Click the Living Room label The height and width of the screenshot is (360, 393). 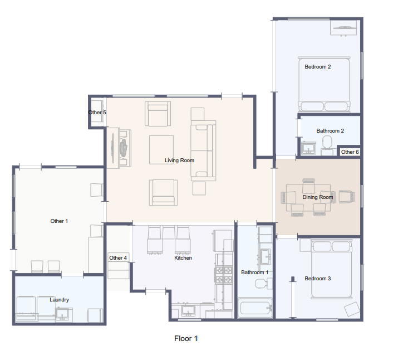coord(179,160)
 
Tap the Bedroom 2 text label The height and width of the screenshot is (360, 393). coord(318,67)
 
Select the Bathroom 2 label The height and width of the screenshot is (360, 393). coord(330,131)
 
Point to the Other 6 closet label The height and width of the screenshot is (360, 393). coord(350,152)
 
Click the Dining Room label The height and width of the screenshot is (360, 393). coord(318,197)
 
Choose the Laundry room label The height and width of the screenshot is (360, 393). coord(59,300)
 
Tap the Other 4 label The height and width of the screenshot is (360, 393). coord(118,258)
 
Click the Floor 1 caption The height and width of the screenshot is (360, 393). coord(186,338)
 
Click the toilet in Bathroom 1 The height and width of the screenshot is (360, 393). coord(262,284)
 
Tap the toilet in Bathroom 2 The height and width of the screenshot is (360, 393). coord(327,142)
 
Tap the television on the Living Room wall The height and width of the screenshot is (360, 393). coord(113,148)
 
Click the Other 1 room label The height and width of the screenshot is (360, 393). coord(59,221)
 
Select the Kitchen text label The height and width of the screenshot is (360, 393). coord(183,258)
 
